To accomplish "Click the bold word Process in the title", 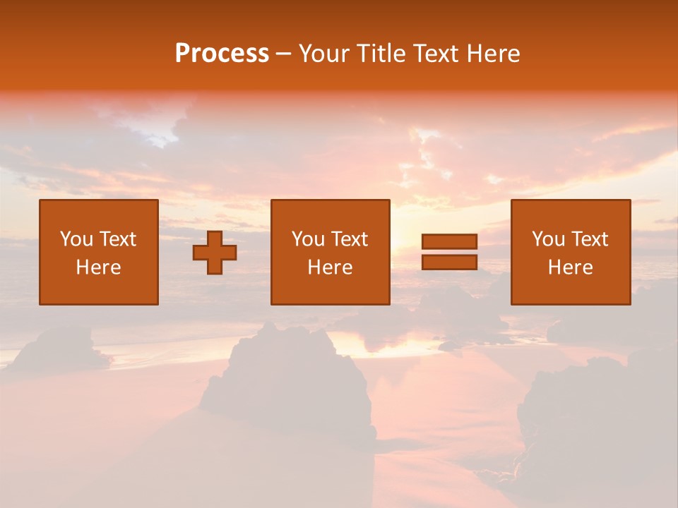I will pyautogui.click(x=222, y=54).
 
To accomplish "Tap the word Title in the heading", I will pyautogui.click(x=381, y=54).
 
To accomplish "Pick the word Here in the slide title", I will pyautogui.click(x=493, y=54).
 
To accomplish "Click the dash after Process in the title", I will pyautogui.click(x=284, y=54).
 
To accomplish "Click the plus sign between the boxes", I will pyautogui.click(x=215, y=253).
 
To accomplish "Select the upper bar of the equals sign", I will pyautogui.click(x=449, y=241).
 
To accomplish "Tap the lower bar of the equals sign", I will pyautogui.click(x=449, y=262).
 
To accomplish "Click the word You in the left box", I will pyautogui.click(x=76, y=239).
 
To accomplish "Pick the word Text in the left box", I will pyautogui.click(x=117, y=239).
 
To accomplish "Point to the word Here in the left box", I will pyautogui.click(x=98, y=267).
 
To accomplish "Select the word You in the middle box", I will pyautogui.click(x=308, y=239).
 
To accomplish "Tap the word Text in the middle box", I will pyautogui.click(x=349, y=239).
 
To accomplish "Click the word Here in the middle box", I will pyautogui.click(x=330, y=267).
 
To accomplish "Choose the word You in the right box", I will pyautogui.click(x=548, y=239).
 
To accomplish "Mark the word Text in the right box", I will pyautogui.click(x=589, y=239).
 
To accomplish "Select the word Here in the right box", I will pyautogui.click(x=570, y=267).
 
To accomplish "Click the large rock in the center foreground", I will pyautogui.click(x=290, y=381).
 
